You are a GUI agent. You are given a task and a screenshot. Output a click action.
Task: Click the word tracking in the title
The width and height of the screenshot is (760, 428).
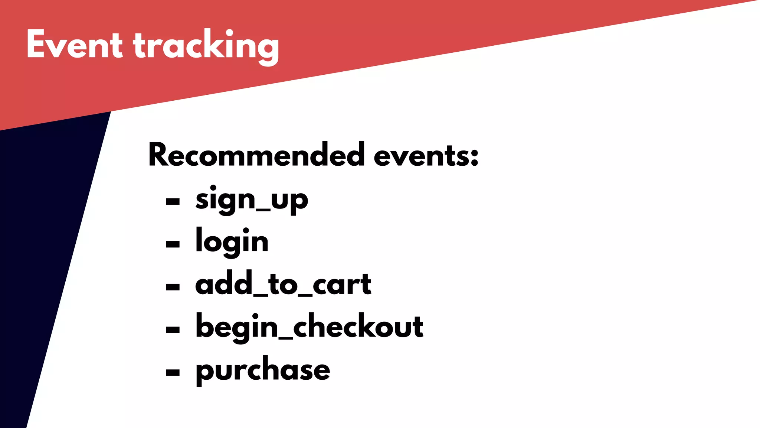(x=206, y=46)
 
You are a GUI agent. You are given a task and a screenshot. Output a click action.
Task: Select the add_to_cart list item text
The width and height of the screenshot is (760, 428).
(x=283, y=284)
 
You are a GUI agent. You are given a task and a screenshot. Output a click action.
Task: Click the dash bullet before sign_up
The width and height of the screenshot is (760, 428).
(x=173, y=202)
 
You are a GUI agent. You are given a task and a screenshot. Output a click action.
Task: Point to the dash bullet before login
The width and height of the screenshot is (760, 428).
(x=173, y=244)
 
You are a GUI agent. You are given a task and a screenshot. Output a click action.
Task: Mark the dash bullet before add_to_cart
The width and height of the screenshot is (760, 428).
(x=173, y=287)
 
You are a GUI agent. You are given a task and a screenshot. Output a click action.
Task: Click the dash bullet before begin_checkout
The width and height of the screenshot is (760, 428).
(x=173, y=330)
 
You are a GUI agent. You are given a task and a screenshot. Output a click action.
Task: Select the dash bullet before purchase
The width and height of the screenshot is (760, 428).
(x=173, y=372)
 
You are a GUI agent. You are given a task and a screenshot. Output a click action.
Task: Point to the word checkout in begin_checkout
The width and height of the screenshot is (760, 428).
(x=358, y=326)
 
